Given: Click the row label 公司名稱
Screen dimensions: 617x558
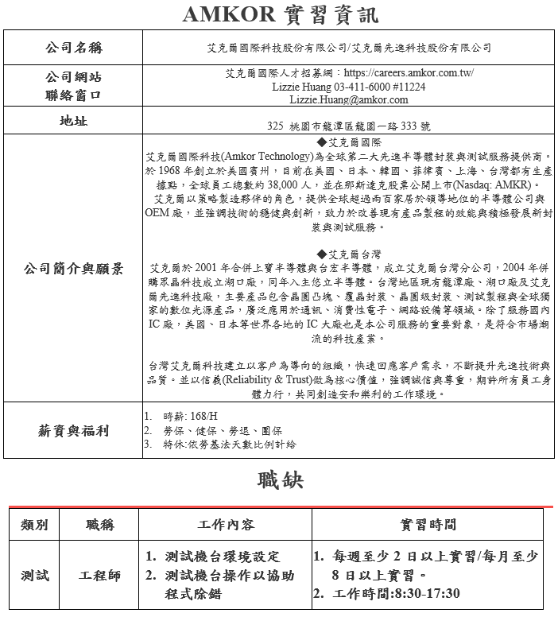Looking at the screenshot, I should (73, 49).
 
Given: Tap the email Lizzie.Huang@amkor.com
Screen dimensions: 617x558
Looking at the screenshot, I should (348, 100).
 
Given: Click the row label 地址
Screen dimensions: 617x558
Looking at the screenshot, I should (73, 122).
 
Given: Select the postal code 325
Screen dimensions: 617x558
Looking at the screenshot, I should (275, 126).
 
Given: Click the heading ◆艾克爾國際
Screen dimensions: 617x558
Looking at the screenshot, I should (348, 142).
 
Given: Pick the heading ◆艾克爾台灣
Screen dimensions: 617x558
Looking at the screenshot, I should (348, 254).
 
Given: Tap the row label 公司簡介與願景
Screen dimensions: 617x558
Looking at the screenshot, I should (73, 269).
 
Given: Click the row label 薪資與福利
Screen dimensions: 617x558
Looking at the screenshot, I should (73, 431).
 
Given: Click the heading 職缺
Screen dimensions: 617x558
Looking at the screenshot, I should (280, 481).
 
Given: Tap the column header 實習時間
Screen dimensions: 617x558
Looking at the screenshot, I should (428, 525).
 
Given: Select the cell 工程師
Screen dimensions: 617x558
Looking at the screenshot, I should (100, 575).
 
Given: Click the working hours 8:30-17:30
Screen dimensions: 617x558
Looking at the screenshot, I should (420, 594).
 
